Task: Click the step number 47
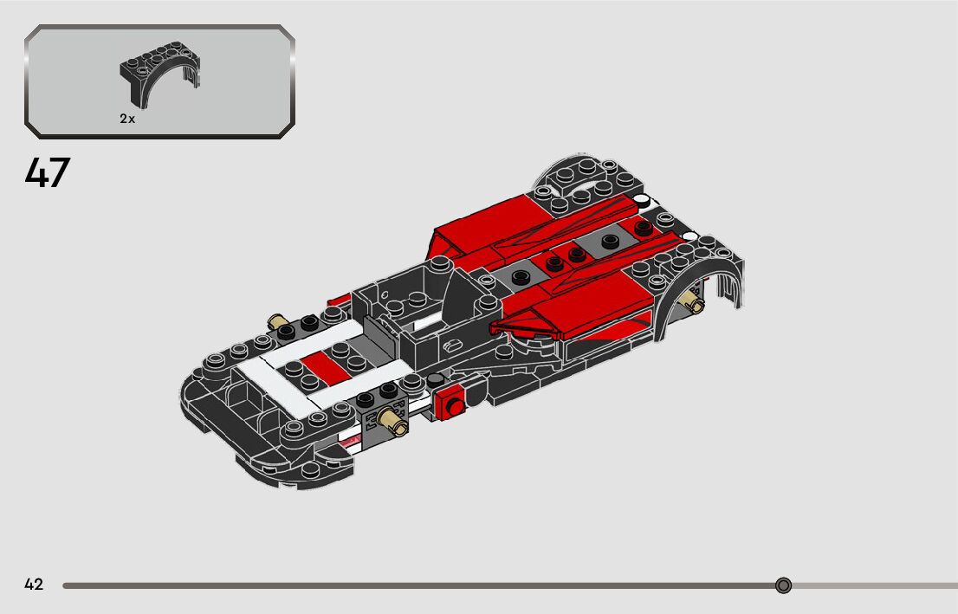tap(47, 173)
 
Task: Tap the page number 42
tap(34, 585)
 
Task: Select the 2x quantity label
tap(127, 120)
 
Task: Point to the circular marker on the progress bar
tap(783, 585)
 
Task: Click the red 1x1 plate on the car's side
tap(450, 403)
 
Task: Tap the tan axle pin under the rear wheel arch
tap(692, 302)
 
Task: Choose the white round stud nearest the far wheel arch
tap(642, 201)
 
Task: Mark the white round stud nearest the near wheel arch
tap(690, 236)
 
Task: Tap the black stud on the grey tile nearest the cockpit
tap(520, 277)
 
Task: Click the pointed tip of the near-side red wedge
tap(495, 327)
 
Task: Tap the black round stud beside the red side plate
tap(435, 380)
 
